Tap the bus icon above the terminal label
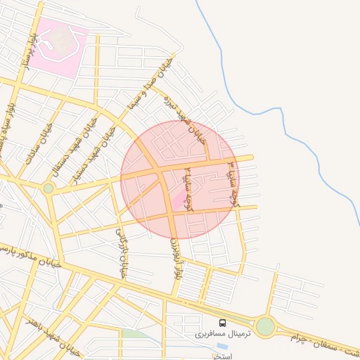pyautogui.click(x=223, y=323)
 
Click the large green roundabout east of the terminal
pyautogui.click(x=265, y=326)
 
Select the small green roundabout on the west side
pyautogui.click(x=48, y=188)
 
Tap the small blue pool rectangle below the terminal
pyautogui.click(x=221, y=347)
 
